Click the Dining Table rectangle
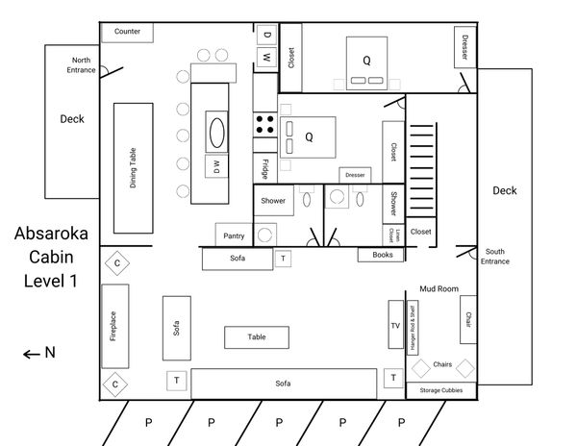(134, 168)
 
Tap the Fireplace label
(113, 326)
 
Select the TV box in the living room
(395, 324)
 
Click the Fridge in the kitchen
(265, 167)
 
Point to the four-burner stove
(265, 124)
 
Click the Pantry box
(234, 235)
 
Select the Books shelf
(381, 255)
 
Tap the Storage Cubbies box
(440, 390)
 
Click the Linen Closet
(393, 235)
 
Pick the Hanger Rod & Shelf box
(413, 328)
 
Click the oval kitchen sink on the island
(216, 133)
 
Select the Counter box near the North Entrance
(127, 33)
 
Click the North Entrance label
(81, 65)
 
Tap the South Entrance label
(495, 257)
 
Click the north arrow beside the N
(32, 355)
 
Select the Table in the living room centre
(257, 337)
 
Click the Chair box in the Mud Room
(468, 319)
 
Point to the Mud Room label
(439, 289)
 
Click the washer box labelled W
(266, 58)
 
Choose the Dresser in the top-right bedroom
(465, 47)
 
